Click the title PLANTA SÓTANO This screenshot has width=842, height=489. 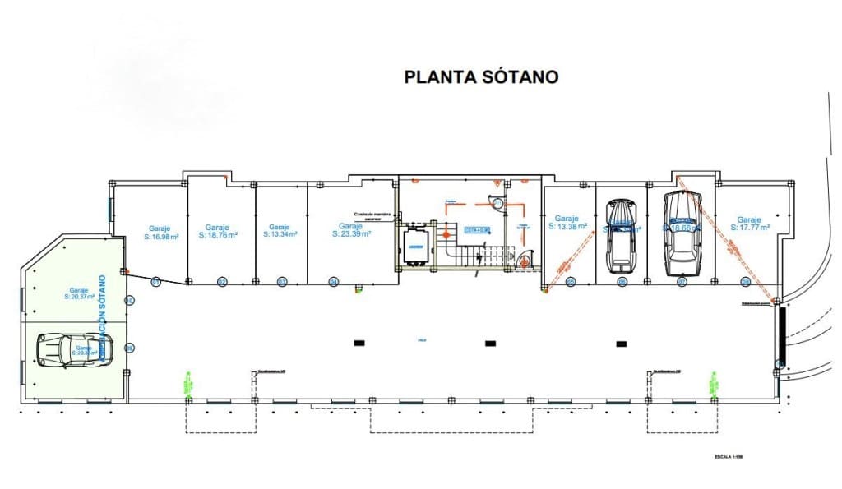point(481,76)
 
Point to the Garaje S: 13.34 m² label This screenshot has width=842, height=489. point(280,230)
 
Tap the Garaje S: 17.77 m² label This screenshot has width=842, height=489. point(749,224)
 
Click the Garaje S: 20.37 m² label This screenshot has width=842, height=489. point(79,294)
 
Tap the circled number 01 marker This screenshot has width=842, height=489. point(155,282)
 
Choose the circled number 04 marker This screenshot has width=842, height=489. point(333,282)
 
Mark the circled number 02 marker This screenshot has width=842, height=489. point(222,282)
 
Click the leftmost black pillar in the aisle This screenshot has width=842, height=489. point(359,343)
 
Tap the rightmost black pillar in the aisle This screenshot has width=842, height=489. point(622,343)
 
